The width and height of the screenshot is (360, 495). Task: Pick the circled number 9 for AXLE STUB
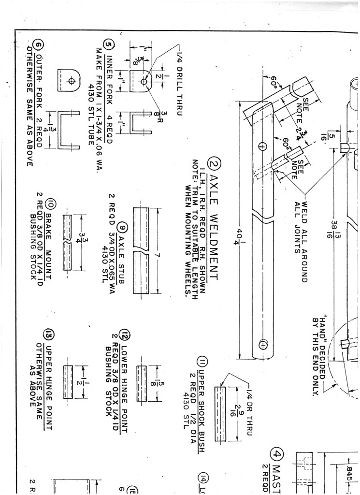coord(123,227)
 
